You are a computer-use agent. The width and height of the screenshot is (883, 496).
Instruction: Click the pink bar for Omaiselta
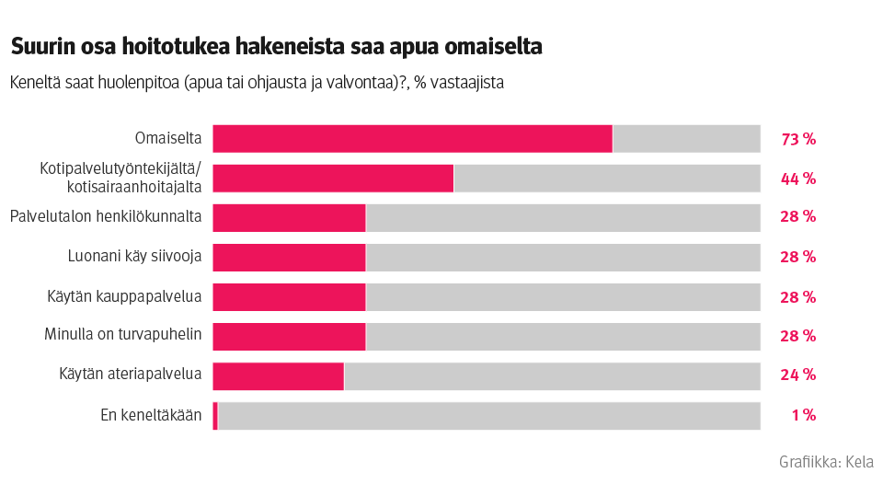(412, 139)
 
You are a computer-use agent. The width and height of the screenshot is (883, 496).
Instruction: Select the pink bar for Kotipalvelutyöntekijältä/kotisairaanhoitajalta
(333, 179)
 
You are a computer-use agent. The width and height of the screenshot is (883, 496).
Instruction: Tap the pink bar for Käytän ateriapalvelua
(278, 375)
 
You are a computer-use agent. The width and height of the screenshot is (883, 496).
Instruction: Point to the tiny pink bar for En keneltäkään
(215, 416)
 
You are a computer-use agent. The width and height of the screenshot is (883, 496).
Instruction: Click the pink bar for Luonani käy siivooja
(289, 258)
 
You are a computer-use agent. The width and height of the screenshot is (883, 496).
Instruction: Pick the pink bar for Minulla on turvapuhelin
(289, 336)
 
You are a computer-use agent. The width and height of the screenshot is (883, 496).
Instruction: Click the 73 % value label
(797, 140)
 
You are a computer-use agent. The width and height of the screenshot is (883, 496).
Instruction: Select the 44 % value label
(797, 179)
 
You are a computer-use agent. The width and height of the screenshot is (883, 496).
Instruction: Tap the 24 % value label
(797, 375)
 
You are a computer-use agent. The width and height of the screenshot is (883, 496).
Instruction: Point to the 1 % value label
(803, 415)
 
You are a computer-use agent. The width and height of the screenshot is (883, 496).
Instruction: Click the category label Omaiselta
(167, 139)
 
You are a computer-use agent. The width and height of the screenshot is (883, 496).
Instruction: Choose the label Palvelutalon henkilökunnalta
(106, 217)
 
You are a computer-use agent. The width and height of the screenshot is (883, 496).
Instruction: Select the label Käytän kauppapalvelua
(124, 296)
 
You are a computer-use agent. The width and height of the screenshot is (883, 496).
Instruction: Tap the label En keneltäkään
(151, 415)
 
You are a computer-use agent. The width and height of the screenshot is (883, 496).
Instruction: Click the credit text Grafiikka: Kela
(826, 462)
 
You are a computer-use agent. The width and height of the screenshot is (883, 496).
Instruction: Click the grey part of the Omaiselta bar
(686, 139)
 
